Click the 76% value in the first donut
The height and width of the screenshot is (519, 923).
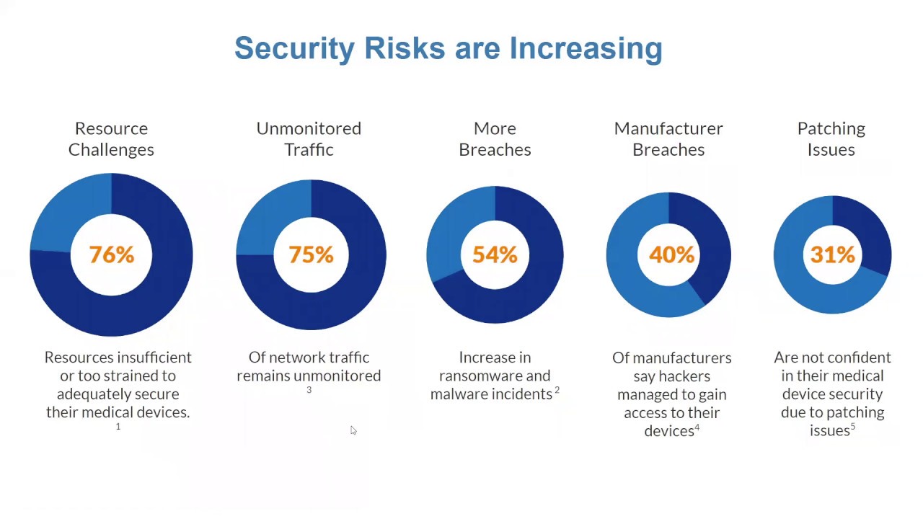[x=111, y=254]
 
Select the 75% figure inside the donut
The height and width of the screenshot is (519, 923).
[x=311, y=254]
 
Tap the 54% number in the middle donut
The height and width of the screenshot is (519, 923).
[x=495, y=254]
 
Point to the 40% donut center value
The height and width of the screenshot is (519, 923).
[x=671, y=254]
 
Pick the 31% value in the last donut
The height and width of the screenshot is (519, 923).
[x=832, y=254]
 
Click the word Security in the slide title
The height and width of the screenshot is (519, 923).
[x=294, y=48]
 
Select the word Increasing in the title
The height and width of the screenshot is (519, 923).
[x=586, y=48]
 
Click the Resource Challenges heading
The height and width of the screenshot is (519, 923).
[x=111, y=138]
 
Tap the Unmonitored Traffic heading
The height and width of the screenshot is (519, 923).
[x=309, y=138]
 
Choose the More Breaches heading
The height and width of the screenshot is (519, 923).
[x=495, y=138]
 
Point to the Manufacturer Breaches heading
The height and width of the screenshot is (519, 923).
[x=668, y=138]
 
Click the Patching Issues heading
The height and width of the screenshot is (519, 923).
[x=831, y=138]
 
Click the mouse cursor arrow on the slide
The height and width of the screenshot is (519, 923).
[x=353, y=430]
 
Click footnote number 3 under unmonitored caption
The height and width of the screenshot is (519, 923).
[x=309, y=390]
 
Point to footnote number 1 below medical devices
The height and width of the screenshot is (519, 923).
[x=118, y=427]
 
